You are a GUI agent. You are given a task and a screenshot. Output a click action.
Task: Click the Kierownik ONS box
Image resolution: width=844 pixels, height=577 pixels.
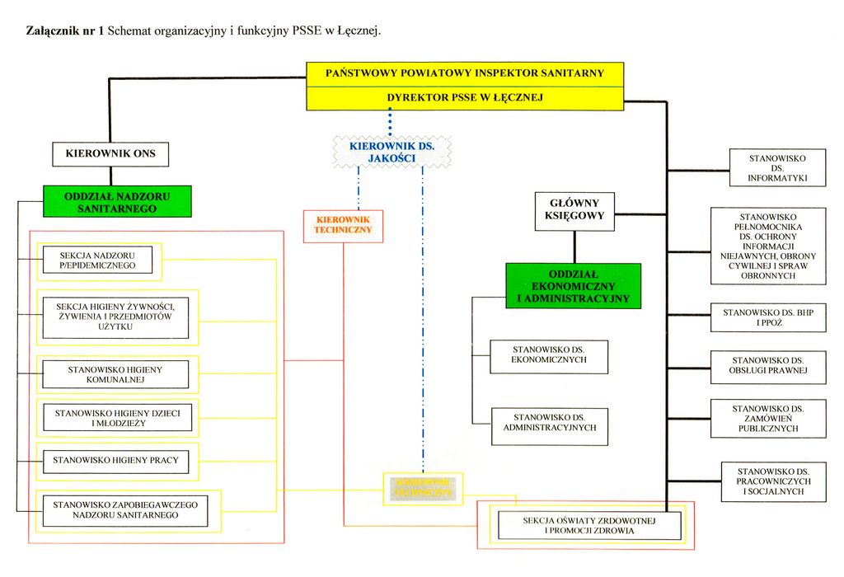tap(110, 154)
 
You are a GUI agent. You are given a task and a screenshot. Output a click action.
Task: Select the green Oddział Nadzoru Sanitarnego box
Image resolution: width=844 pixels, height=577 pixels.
tap(117, 201)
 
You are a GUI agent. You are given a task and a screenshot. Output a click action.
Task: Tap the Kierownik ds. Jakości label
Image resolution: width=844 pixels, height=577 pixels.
tap(392, 152)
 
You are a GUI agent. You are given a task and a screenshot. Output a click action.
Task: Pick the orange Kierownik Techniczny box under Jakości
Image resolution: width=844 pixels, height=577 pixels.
tap(343, 226)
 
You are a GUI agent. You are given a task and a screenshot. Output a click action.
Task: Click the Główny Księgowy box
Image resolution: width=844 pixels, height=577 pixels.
tap(574, 210)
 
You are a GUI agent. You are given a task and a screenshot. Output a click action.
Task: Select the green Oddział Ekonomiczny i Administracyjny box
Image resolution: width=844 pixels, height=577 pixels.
tap(573, 285)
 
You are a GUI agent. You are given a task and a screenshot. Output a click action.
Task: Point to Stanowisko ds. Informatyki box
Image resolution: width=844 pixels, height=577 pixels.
tap(777, 168)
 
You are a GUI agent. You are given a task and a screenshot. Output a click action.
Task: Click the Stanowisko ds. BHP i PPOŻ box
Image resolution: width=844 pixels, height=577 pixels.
tap(768, 317)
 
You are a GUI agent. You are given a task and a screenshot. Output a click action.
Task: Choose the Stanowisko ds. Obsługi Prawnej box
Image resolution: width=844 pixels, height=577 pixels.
tap(768, 366)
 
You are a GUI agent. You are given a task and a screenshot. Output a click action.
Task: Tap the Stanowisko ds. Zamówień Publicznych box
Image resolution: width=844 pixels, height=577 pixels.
tap(768, 418)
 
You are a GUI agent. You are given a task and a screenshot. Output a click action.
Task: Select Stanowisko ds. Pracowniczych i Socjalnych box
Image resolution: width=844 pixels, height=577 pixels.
tap(773, 481)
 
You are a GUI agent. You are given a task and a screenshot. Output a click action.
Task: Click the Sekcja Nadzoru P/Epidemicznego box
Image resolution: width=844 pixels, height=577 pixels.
tap(97, 261)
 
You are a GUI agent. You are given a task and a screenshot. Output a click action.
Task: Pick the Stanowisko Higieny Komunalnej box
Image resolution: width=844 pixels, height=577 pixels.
tap(115, 375)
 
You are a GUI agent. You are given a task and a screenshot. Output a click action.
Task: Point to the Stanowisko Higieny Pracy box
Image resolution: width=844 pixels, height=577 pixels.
tap(115, 460)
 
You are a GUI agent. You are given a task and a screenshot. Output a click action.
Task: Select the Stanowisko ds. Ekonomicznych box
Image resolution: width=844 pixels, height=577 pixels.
tap(549, 355)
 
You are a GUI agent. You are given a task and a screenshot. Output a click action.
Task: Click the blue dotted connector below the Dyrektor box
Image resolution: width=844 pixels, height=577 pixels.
tap(390, 122)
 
